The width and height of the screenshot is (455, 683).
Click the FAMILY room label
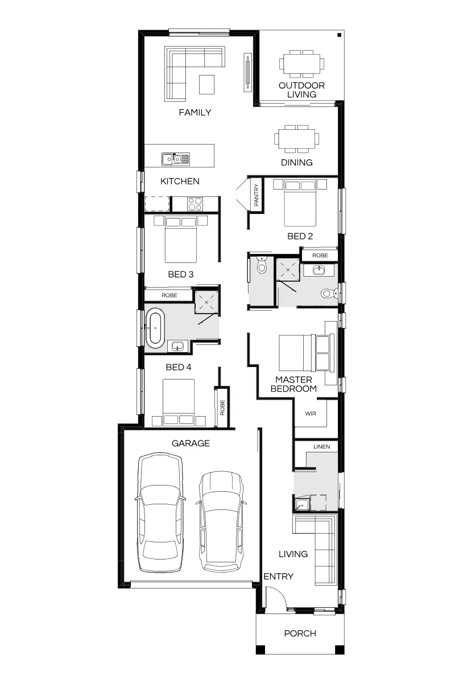pyautogui.click(x=195, y=113)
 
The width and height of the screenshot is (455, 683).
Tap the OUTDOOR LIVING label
pyautogui.click(x=301, y=90)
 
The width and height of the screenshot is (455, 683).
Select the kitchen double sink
pyautogui.click(x=176, y=159)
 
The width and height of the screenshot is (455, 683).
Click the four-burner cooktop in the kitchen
pyautogui.click(x=195, y=204)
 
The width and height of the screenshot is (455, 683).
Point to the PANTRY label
pyautogui.click(x=256, y=195)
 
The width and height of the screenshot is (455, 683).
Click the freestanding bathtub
pyautogui.click(x=155, y=328)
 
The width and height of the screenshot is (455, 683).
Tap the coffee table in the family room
pyautogui.click(x=206, y=84)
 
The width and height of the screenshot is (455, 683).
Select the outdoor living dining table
pyautogui.click(x=301, y=64)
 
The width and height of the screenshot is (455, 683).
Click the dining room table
pyautogui.click(x=296, y=139)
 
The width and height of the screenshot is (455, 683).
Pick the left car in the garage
pyautogui.click(x=160, y=513)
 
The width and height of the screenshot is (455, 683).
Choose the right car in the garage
pyautogui.click(x=222, y=522)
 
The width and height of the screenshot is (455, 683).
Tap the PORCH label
pyautogui.click(x=300, y=633)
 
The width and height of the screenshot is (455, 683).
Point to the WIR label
pyautogui.click(x=310, y=414)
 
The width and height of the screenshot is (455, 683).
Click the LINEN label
pyautogui.click(x=321, y=447)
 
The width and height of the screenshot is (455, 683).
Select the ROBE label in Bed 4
pyautogui.click(x=222, y=408)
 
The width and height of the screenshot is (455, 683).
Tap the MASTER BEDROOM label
pyautogui.click(x=293, y=384)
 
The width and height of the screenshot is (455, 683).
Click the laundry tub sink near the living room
pyautogui.click(x=302, y=504)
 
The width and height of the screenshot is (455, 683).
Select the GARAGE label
pyautogui.click(x=191, y=443)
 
